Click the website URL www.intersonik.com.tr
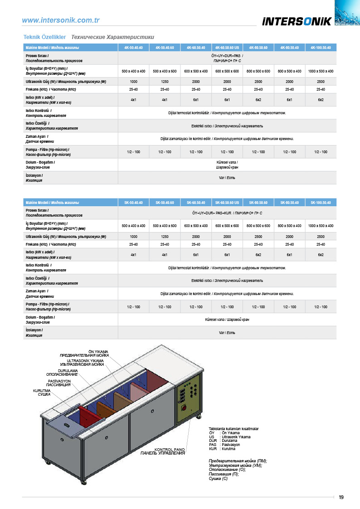point(61,20)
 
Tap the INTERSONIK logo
point(297,21)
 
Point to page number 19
point(341,497)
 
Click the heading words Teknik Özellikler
point(45,37)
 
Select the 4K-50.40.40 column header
point(133,48)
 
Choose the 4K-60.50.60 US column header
point(227,48)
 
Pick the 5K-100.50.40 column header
point(321,202)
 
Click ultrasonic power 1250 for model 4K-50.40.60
point(165,81)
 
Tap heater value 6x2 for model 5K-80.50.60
point(258,255)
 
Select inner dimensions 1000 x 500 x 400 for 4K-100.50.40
point(321,71)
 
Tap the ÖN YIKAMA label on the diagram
point(98,351)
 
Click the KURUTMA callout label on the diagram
point(42,390)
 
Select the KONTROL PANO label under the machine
point(170,450)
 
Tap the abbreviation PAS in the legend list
point(213,445)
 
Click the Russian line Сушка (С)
point(218,479)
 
